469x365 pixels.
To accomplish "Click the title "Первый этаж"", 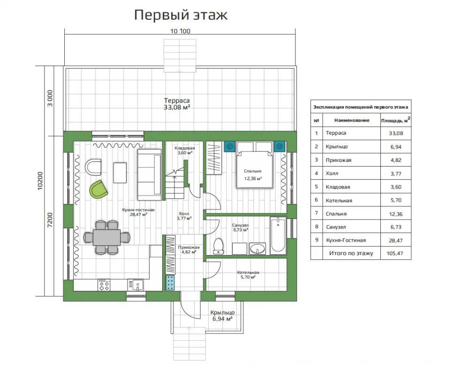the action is point(181,15).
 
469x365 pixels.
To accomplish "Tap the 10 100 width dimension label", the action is point(181,31).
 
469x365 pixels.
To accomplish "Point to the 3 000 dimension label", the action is point(50,98).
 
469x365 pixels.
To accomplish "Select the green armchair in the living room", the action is point(98,190).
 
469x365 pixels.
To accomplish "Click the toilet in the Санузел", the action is point(219,246).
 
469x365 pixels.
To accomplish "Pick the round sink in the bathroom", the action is point(257,249).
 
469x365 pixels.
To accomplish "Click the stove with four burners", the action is point(104,285).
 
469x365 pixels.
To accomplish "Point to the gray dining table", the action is point(106,237).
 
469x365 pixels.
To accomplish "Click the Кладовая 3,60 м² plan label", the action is point(184,151).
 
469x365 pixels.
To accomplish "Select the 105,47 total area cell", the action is point(395,253).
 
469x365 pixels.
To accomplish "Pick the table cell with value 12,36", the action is point(396,214).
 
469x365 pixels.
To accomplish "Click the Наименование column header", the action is point(352,120).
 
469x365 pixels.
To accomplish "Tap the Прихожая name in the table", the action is point(339,160).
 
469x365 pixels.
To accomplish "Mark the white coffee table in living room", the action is point(120,172).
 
